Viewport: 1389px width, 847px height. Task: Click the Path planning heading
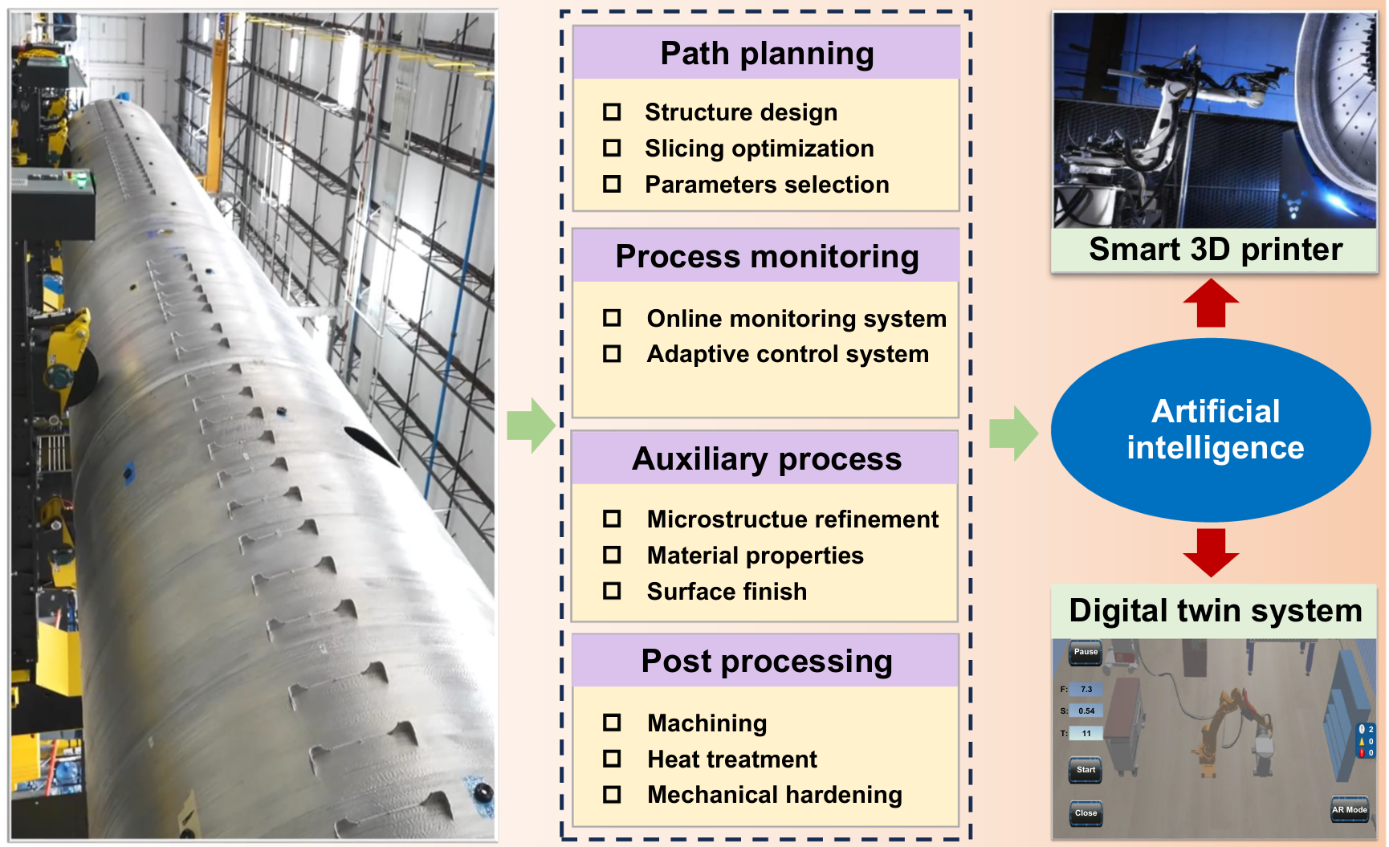point(767,54)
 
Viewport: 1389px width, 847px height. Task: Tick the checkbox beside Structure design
point(612,112)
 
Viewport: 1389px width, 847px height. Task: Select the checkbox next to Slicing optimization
point(612,148)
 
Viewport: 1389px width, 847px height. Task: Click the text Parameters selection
point(767,185)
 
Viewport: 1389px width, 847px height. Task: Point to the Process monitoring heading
point(767,257)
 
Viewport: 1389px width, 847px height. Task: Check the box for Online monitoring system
point(612,318)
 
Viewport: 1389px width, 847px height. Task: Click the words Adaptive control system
point(788,354)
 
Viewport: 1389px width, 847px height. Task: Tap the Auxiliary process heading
point(767,459)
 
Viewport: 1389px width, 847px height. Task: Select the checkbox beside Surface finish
point(612,591)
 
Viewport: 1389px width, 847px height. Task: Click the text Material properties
point(755,556)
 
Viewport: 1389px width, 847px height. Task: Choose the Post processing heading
point(767,662)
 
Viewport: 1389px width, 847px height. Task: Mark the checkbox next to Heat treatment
point(612,759)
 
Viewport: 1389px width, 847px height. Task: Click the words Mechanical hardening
point(775,795)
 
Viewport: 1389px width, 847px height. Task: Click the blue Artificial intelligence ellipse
point(1211,430)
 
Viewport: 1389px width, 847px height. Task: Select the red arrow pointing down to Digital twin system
point(1211,552)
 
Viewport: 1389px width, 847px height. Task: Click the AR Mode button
point(1349,809)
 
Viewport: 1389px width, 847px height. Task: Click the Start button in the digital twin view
point(1086,770)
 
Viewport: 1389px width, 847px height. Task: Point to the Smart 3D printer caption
point(1215,250)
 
